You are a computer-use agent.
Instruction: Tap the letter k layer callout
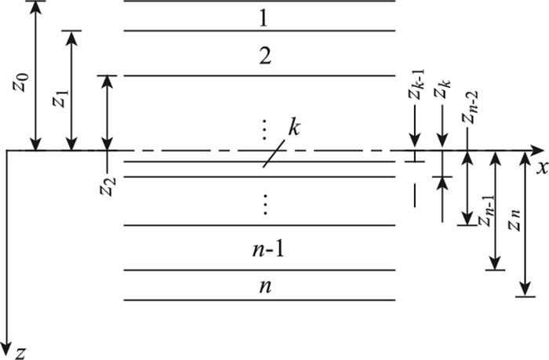point(293,128)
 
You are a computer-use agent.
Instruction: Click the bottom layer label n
point(265,286)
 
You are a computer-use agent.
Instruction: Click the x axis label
point(540,166)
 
